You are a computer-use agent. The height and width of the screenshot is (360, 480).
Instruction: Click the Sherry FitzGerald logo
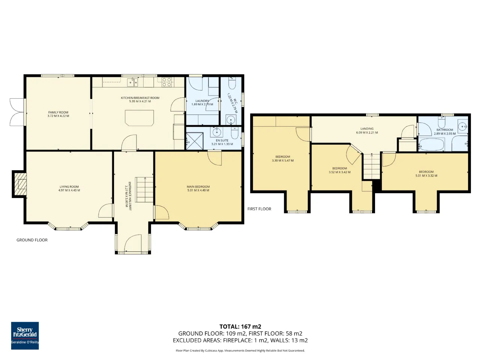tap(25, 336)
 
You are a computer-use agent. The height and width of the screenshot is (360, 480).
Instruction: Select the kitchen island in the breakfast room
tap(139, 118)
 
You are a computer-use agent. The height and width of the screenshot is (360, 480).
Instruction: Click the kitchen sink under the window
tap(133, 82)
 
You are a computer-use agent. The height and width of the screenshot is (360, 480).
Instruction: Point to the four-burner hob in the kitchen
tap(166, 82)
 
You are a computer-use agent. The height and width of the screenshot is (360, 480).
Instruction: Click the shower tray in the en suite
tap(194, 142)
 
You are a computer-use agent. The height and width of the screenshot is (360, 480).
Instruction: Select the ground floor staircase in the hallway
tap(144, 189)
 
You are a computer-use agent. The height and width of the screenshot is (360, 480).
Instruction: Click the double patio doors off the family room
tap(16, 112)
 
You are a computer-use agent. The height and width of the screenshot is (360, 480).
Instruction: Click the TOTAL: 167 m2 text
tap(240, 327)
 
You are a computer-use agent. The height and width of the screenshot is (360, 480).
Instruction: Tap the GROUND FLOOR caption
tap(32, 240)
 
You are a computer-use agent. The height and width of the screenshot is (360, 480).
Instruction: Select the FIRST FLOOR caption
tap(259, 209)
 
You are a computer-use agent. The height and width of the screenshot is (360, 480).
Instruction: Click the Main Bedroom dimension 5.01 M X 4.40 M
tap(198, 190)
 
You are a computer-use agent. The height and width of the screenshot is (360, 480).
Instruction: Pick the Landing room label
tap(367, 129)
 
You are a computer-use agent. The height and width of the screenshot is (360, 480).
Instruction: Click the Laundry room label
tap(202, 101)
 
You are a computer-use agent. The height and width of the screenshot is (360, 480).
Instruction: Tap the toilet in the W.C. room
tap(232, 83)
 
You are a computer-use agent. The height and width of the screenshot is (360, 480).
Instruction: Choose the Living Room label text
tap(69, 187)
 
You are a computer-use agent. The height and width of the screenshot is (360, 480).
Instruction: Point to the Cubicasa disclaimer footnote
tap(240, 350)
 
